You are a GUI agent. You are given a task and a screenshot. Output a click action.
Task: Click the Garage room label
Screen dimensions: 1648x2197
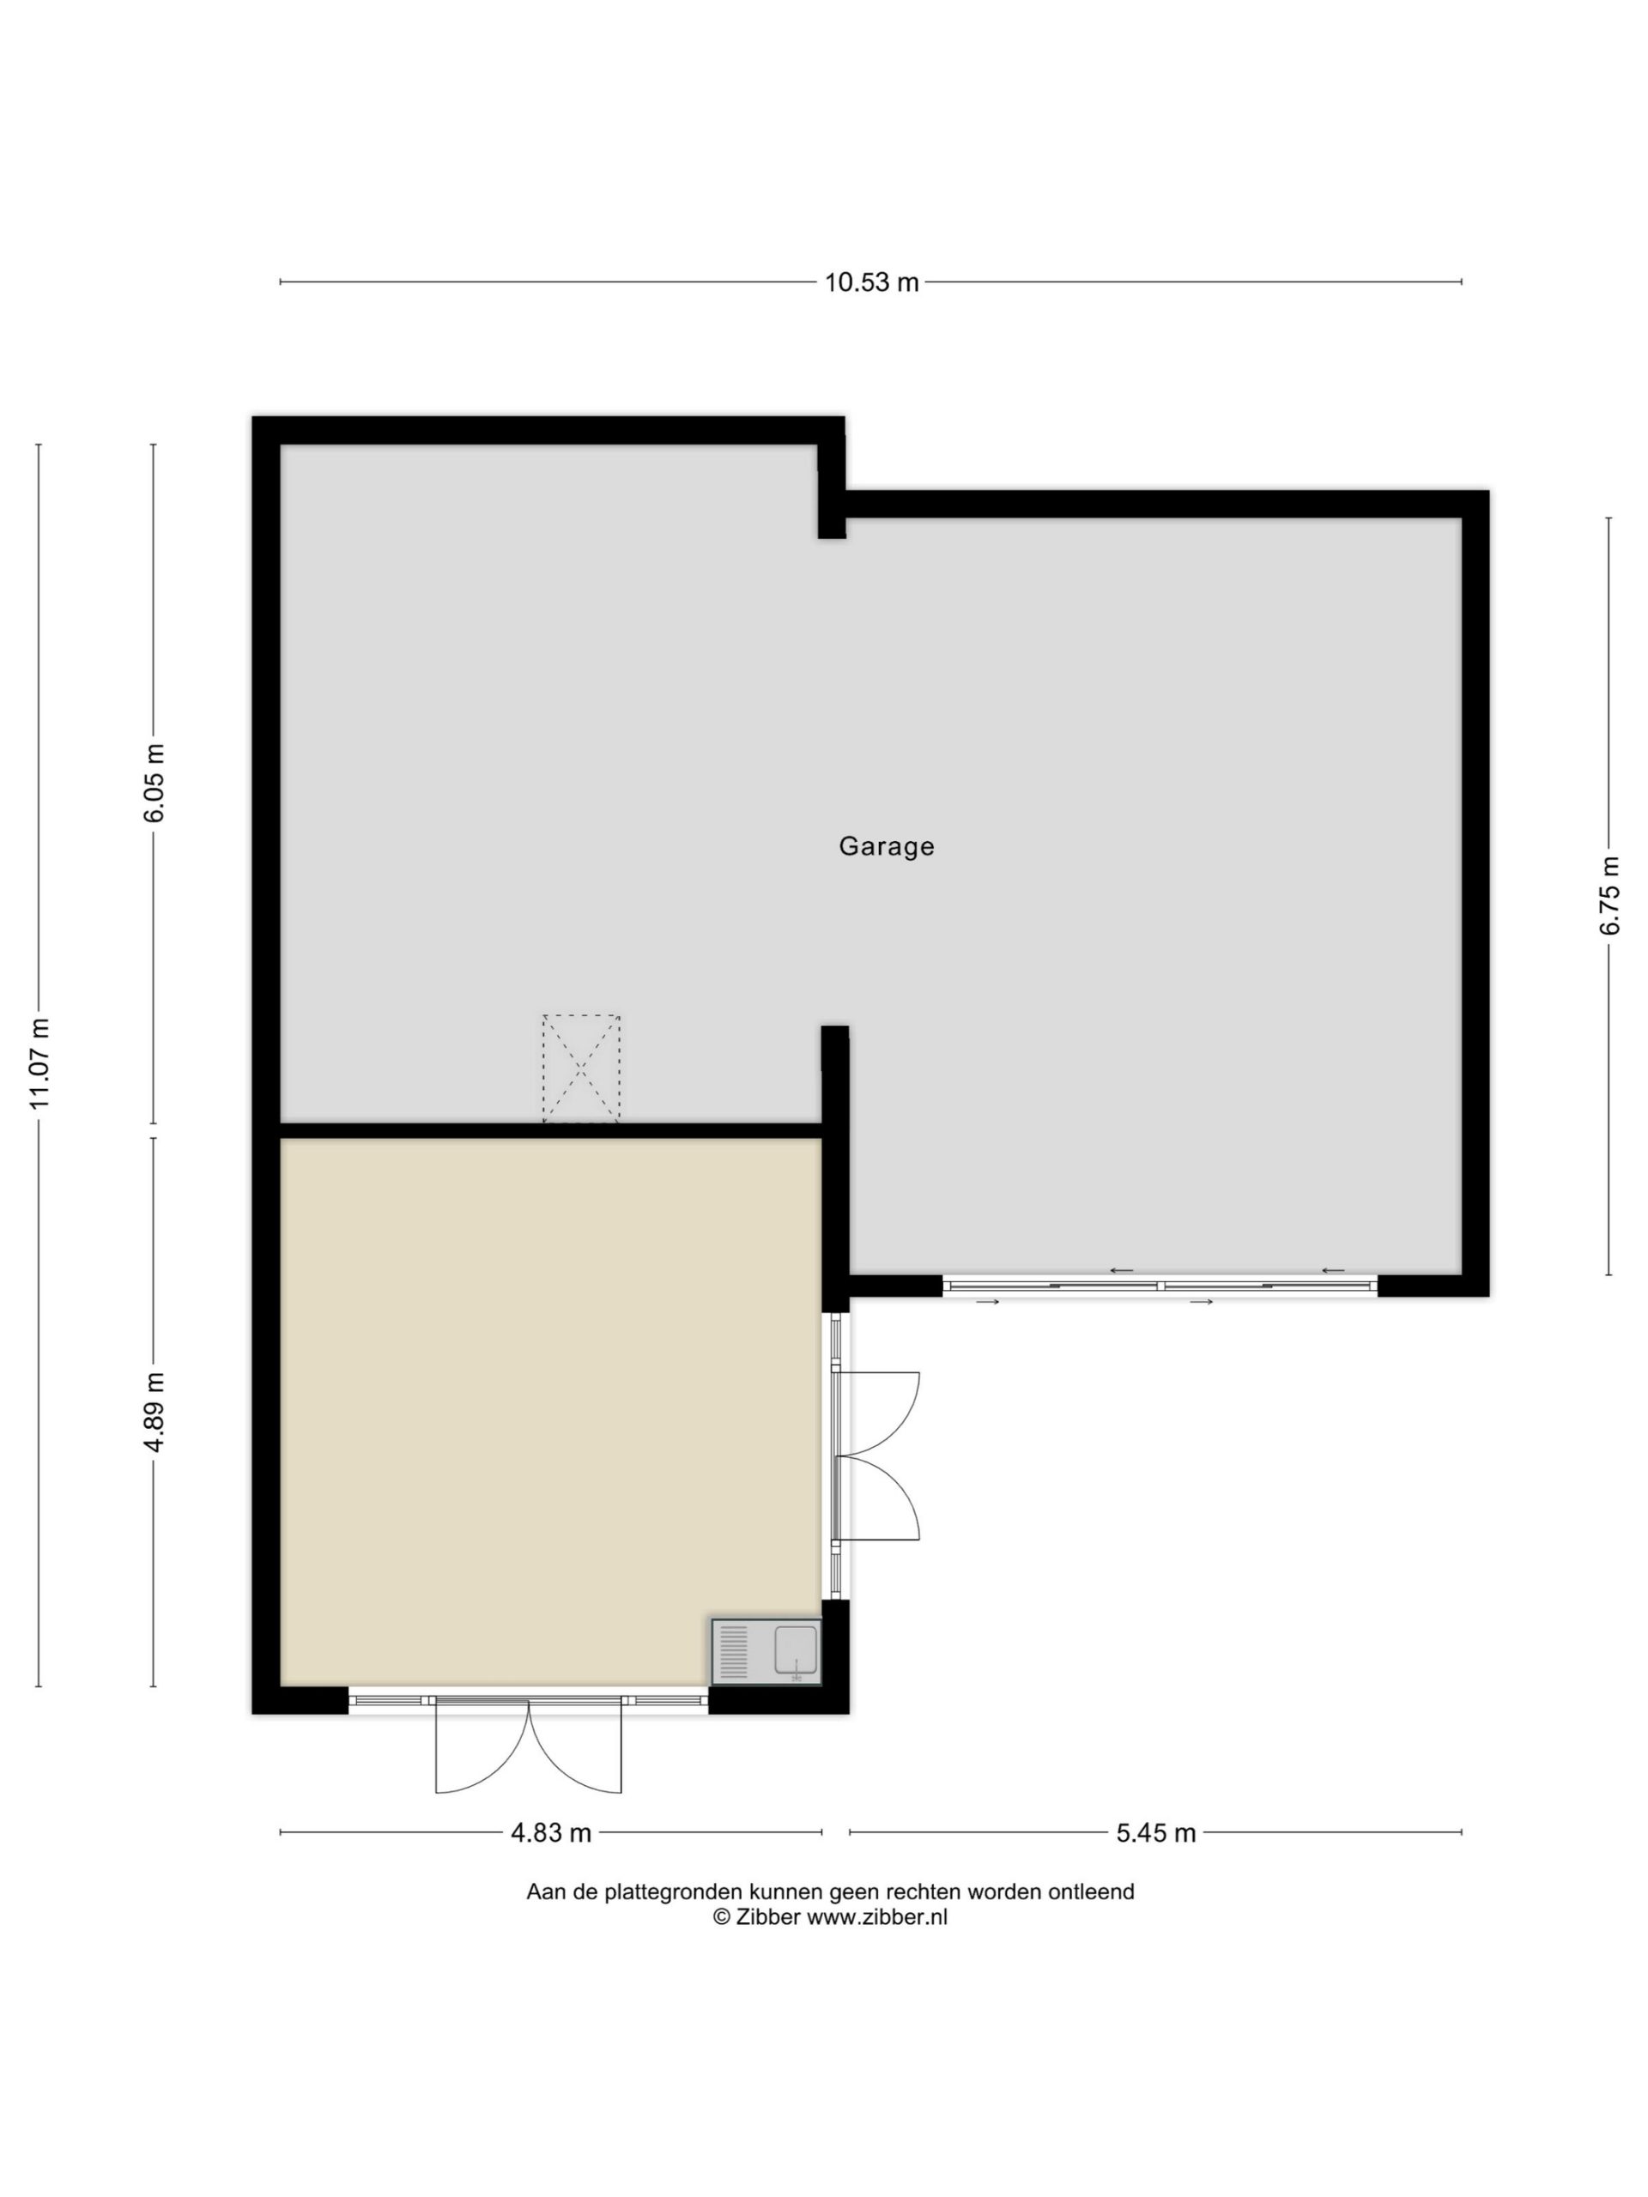(x=886, y=846)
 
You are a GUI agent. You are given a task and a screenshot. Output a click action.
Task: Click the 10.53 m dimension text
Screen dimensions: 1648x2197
(x=871, y=283)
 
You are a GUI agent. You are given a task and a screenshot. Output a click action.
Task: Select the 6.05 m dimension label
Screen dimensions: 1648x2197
(x=154, y=783)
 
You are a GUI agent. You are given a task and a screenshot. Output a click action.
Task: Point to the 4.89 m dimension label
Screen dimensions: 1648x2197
(x=154, y=1413)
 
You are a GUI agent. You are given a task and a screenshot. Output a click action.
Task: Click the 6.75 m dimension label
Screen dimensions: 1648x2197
(x=1609, y=895)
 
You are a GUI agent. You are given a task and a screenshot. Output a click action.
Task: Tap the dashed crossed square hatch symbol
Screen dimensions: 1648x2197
(x=581, y=1068)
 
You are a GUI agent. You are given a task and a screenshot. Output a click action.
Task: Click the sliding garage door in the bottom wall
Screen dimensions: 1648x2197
(x=1160, y=1286)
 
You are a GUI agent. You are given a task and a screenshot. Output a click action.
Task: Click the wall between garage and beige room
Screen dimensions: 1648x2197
(x=551, y=1130)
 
